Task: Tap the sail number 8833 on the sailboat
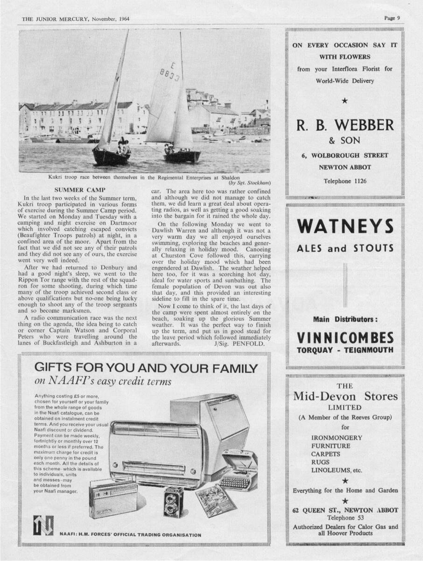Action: [x=169, y=73]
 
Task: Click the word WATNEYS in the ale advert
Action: [x=345, y=227]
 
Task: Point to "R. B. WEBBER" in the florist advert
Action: [x=345, y=125]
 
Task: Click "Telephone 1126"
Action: [x=345, y=181]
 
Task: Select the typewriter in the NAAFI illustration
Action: [x=239, y=471]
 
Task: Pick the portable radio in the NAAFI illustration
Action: [x=113, y=499]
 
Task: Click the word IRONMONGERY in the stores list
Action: [x=337, y=438]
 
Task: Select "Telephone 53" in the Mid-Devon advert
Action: [x=345, y=518]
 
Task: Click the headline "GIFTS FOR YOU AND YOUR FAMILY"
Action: [x=146, y=368]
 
